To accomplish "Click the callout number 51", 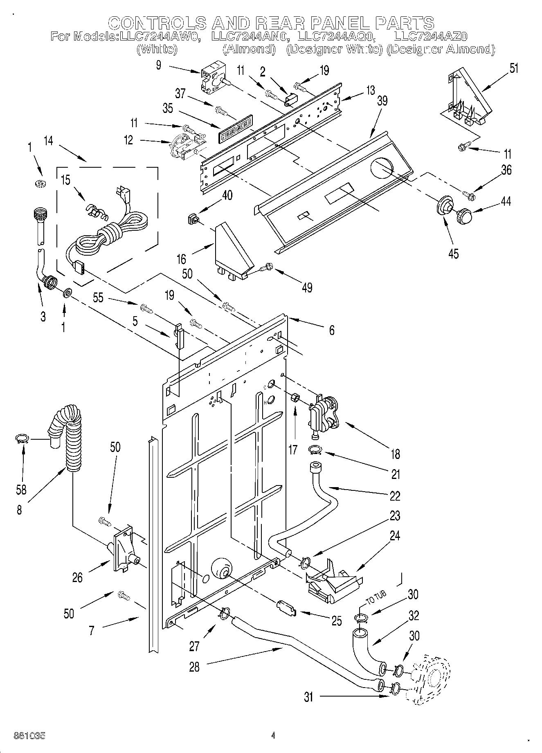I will pyautogui.click(x=514, y=68).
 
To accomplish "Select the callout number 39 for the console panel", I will pyautogui.click(x=382, y=101).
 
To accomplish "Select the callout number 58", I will pyautogui.click(x=20, y=489).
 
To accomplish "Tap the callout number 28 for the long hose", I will pyautogui.click(x=194, y=667).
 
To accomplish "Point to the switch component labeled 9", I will pyautogui.click(x=213, y=80).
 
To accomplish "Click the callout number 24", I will pyautogui.click(x=394, y=535).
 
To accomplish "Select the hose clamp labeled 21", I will pyautogui.click(x=317, y=450).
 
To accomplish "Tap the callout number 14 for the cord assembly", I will pyautogui.click(x=49, y=141).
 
